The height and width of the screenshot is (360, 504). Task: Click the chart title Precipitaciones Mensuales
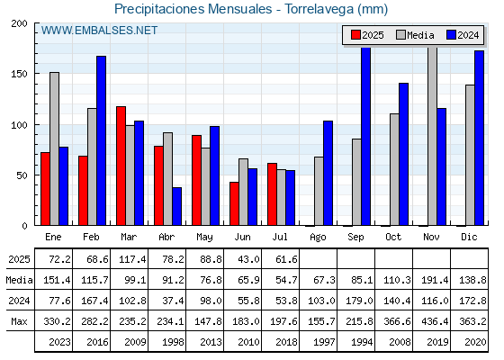point(193,9)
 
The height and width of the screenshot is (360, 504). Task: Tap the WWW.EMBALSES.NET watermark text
point(99,31)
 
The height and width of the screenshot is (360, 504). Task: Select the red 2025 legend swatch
point(355,35)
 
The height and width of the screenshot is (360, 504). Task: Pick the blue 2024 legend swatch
point(451,35)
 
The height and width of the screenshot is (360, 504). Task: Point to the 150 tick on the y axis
point(19,74)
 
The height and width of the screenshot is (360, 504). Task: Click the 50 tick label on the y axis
point(22,175)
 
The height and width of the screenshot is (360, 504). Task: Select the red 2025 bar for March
point(121,166)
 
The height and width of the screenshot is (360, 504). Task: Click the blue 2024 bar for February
point(101,140)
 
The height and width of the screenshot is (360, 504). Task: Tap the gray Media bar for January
point(54,148)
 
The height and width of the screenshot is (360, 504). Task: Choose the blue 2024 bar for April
point(176,206)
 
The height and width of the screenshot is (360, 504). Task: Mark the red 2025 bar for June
point(234,203)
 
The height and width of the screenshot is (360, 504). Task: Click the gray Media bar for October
point(394,169)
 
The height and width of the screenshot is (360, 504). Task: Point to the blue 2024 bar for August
point(328,173)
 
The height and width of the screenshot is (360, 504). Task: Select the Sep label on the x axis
point(355,238)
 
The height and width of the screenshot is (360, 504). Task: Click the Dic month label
point(469,238)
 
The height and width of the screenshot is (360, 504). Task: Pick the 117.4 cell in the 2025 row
point(132,259)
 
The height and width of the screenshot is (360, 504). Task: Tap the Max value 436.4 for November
point(435,321)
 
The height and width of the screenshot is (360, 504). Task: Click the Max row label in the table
point(19,321)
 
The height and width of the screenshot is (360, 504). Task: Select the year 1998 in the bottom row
point(173,342)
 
